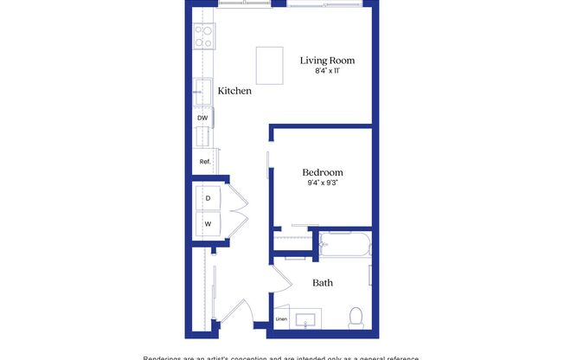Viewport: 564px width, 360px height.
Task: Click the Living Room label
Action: pyautogui.click(x=328, y=61)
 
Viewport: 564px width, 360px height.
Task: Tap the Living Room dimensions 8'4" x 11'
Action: pyautogui.click(x=328, y=72)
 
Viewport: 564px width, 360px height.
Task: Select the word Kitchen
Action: pyautogui.click(x=234, y=91)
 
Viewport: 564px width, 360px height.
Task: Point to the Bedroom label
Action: pyautogui.click(x=323, y=172)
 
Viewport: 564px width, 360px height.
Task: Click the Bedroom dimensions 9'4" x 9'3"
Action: pyautogui.click(x=323, y=183)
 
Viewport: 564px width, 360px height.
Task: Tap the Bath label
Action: pyautogui.click(x=323, y=283)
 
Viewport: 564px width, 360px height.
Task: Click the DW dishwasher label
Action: pyautogui.click(x=202, y=118)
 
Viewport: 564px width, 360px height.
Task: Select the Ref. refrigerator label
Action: pyautogui.click(x=205, y=162)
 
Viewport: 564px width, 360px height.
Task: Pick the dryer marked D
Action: pyautogui.click(x=208, y=198)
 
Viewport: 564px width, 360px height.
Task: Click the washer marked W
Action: pyautogui.click(x=208, y=223)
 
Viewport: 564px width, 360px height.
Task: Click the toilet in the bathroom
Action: pyautogui.click(x=356, y=318)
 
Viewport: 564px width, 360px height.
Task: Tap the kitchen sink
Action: pyautogui.click(x=203, y=90)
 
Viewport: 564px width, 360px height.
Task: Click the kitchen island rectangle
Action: pyautogui.click(x=271, y=65)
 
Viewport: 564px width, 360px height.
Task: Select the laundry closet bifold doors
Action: pyautogui.click(x=239, y=211)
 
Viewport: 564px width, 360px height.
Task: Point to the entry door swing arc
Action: pyautogui.click(x=243, y=312)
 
